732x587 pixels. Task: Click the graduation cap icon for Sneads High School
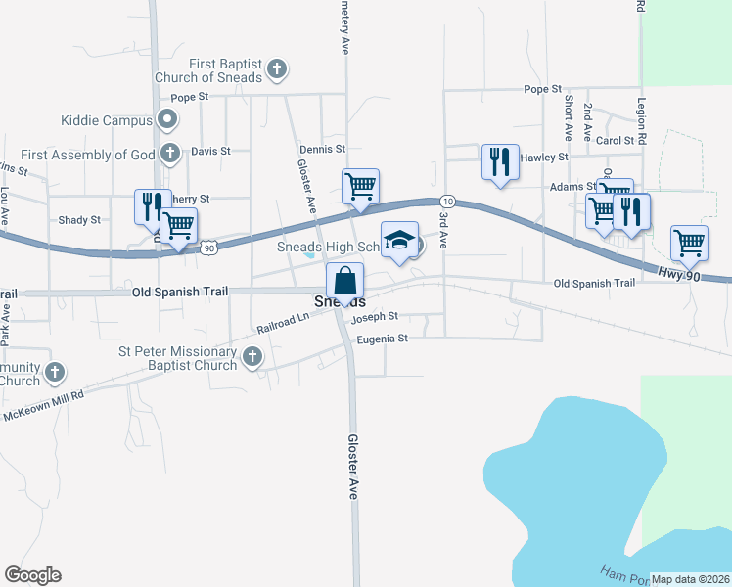click(x=400, y=240)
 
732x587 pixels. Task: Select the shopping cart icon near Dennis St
click(x=360, y=186)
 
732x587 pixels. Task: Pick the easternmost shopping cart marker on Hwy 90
click(x=690, y=243)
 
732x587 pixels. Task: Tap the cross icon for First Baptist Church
click(x=277, y=69)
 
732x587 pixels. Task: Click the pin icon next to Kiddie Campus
click(x=167, y=120)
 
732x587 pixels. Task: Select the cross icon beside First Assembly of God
click(x=170, y=154)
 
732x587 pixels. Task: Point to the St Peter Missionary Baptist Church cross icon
click(x=252, y=357)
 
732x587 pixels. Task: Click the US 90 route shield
click(x=208, y=248)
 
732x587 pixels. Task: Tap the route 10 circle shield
click(x=444, y=199)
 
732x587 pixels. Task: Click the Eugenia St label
click(x=381, y=339)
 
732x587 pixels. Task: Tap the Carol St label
click(x=617, y=141)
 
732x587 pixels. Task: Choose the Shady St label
click(x=79, y=220)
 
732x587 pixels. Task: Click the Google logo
click(x=32, y=575)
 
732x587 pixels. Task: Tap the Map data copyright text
click(x=691, y=579)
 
